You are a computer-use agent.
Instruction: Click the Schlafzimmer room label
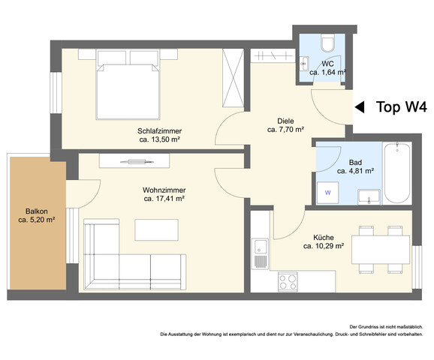[160, 130]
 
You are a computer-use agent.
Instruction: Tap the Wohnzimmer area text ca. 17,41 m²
[164, 199]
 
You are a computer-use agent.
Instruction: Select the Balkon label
[37, 211]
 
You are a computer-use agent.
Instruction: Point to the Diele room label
[285, 120]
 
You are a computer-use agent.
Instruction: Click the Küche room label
[324, 236]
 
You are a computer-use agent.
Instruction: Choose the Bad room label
[356, 161]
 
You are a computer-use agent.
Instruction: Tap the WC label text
[328, 64]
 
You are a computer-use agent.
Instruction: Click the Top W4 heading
[400, 107]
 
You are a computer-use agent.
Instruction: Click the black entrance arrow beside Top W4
[360, 107]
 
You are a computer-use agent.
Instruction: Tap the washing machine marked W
[327, 193]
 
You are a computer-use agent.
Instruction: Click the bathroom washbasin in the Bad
[368, 196]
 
